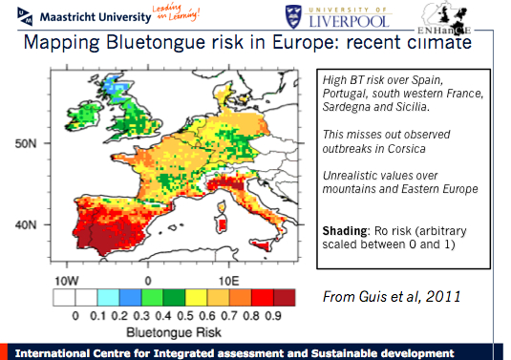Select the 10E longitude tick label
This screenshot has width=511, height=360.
point(228,283)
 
